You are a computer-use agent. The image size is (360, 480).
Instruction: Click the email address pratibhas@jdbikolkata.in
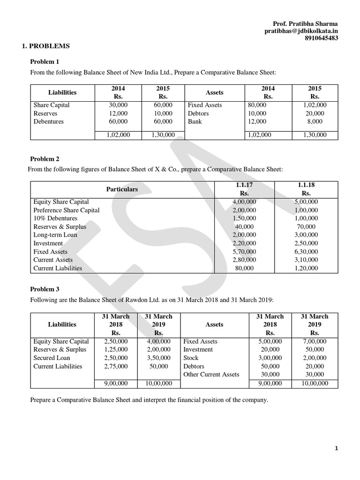tap(301, 31)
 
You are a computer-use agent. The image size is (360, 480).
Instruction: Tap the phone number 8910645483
tap(321, 38)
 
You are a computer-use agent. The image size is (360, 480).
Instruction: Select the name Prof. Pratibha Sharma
tap(305, 24)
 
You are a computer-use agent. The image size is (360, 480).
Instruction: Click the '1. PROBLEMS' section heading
tap(46, 46)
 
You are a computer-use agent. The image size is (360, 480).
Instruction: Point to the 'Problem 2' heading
tap(45, 159)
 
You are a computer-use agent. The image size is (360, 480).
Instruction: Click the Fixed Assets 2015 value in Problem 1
tap(315, 105)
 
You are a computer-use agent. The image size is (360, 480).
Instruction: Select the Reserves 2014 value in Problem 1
tap(118, 113)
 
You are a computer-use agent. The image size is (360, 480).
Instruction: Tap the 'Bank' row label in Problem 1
tap(195, 121)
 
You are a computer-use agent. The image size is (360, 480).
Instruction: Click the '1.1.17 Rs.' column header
tap(244, 189)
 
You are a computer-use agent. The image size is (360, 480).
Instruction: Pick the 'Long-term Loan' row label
tap(55, 235)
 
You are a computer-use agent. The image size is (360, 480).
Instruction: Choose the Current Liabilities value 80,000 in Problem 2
tap(244, 268)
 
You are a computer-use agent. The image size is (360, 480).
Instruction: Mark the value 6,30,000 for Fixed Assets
tap(306, 252)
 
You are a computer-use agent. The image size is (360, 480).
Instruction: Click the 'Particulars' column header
tap(122, 189)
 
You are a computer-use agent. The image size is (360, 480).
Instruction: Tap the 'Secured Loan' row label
tap(52, 358)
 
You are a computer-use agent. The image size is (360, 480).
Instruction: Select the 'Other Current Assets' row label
tap(211, 374)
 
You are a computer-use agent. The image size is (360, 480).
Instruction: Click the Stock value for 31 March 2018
tap(270, 358)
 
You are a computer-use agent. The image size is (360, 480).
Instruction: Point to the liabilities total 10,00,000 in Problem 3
tap(159, 383)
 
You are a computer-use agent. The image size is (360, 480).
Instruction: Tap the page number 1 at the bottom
tap(336, 449)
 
